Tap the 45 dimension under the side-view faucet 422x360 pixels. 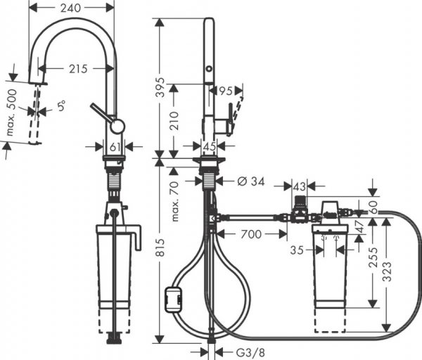tap(210, 146)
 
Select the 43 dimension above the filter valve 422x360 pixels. tap(299, 186)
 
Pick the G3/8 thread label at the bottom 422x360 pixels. tap(231, 352)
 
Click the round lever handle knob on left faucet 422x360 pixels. tap(117, 126)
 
